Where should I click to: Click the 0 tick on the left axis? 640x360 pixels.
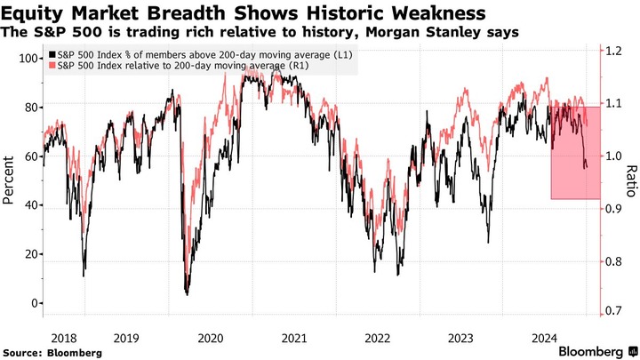tap(33, 303)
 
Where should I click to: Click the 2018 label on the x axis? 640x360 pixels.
tap(64, 338)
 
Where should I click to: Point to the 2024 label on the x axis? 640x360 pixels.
tap(544, 338)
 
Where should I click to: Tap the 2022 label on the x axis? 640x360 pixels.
tap(377, 338)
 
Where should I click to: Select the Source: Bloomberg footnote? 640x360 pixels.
tap(52, 352)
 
